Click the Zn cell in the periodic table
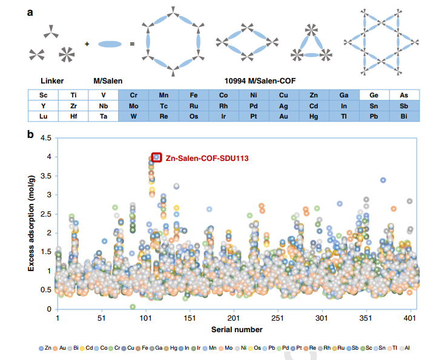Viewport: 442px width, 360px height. tap(314, 95)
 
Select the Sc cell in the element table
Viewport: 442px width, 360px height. tap(43, 95)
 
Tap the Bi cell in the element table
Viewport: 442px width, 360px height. tap(404, 116)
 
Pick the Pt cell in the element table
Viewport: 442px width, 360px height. tap(254, 116)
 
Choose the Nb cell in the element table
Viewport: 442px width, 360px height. tap(103, 105)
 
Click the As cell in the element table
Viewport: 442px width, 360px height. tap(404, 95)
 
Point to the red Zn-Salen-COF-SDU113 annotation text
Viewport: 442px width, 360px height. tap(207, 157)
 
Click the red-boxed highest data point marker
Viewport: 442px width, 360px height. tap(156, 157)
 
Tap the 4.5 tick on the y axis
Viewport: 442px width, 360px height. tap(44, 138)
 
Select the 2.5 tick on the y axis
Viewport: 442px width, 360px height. tap(44, 214)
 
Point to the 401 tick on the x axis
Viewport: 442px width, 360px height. tap(411, 318)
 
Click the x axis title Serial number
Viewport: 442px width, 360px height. tap(237, 329)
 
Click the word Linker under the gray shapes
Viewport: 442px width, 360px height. tap(52, 80)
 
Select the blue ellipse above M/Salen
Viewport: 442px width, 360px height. tap(110, 44)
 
